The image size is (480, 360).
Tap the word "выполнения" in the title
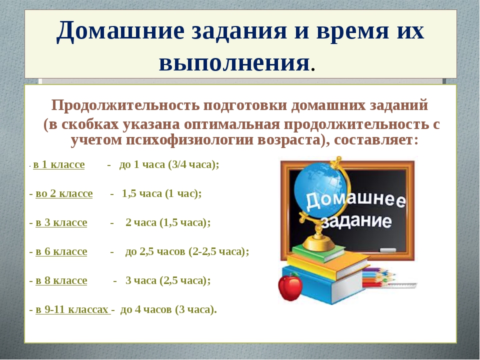pyautogui.click(x=234, y=62)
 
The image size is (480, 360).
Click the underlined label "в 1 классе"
pyautogui.click(x=59, y=164)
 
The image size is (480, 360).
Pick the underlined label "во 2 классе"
pyautogui.click(x=64, y=194)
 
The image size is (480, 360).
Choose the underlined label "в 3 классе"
pyautogui.click(x=61, y=222)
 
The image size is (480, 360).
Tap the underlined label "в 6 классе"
pyautogui.click(x=61, y=251)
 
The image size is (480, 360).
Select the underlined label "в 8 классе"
pyautogui.click(x=61, y=280)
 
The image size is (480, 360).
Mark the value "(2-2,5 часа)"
pyautogui.click(x=216, y=251)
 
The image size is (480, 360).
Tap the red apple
pyautogui.click(x=289, y=287)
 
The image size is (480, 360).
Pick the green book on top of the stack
pyautogui.click(x=318, y=253)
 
